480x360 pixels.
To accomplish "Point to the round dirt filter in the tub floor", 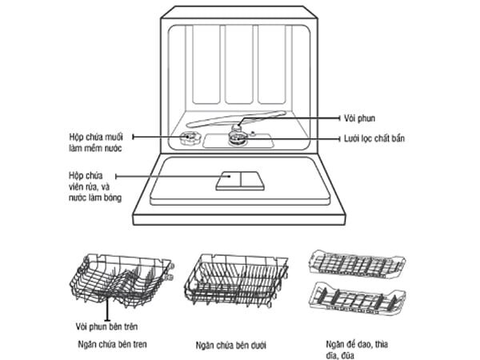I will (238, 138).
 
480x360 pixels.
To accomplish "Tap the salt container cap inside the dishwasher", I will (189, 139).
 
